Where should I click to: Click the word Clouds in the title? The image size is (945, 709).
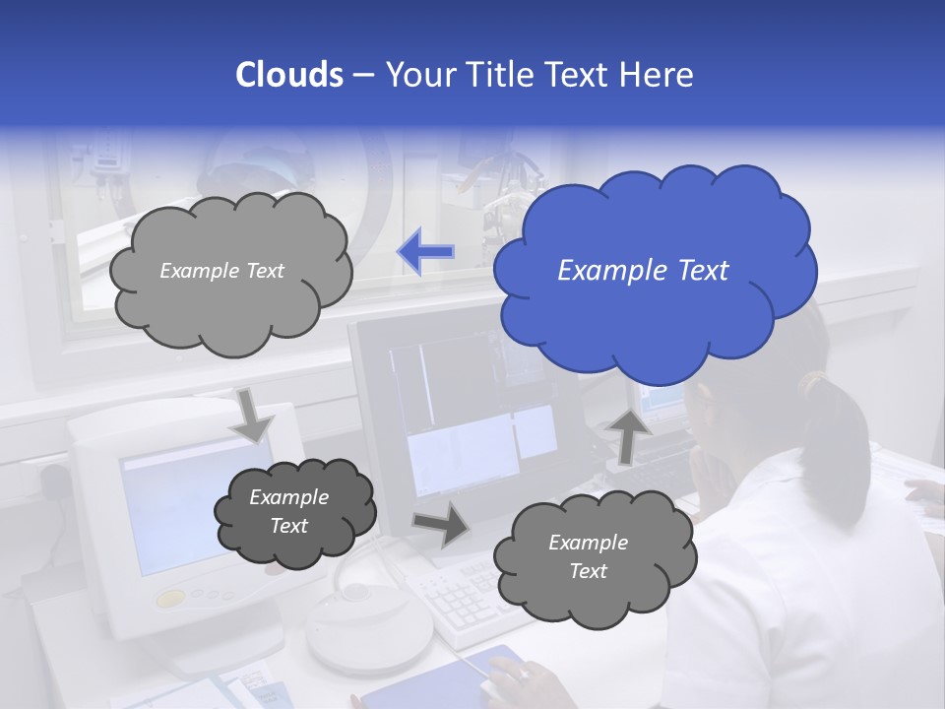pyautogui.click(x=288, y=75)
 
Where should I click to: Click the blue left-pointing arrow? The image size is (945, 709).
pyautogui.click(x=425, y=252)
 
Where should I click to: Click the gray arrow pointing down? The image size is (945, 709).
pyautogui.click(x=252, y=416)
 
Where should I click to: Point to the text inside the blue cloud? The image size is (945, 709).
pyautogui.click(x=643, y=271)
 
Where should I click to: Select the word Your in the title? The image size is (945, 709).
pyautogui.click(x=416, y=75)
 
